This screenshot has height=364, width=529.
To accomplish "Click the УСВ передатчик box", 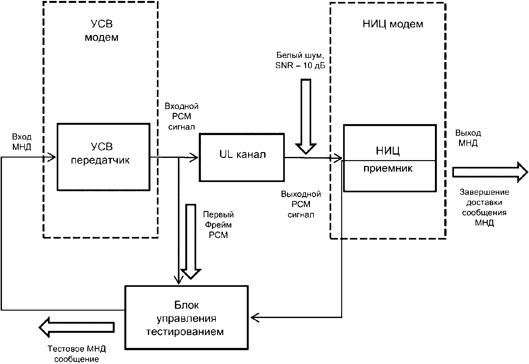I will (103, 157).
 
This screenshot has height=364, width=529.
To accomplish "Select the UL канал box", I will (242, 157).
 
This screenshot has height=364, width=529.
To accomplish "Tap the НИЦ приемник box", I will (390, 158).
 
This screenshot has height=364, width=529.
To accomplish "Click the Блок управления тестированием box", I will (187, 317).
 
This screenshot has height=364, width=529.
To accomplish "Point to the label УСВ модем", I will (101, 31).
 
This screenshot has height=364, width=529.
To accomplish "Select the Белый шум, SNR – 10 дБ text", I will (300, 60).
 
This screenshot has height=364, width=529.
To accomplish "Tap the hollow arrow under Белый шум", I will (306, 116).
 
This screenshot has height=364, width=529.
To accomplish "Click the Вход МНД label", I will (22, 142).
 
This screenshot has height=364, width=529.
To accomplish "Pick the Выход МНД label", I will (468, 138).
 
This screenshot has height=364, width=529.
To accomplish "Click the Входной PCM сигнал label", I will (182, 116).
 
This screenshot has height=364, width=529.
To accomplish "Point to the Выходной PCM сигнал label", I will (301, 205).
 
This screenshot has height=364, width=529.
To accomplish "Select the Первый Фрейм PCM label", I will (218, 225).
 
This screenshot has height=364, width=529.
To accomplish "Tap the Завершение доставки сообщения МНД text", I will (484, 207).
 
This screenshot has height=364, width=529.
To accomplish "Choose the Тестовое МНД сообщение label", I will (77, 354).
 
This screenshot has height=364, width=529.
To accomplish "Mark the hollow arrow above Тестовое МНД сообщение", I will (77, 327).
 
